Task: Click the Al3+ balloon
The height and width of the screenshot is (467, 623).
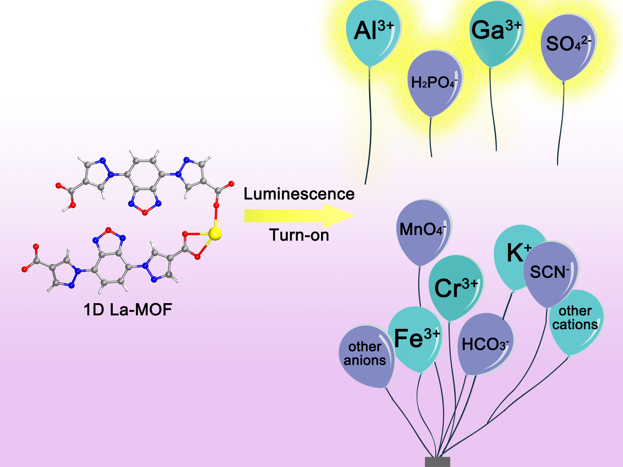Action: click(373, 33)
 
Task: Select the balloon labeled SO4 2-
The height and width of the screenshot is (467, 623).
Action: click(568, 46)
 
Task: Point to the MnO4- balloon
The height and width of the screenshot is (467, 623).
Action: click(423, 231)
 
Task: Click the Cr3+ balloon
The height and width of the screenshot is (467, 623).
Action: click(456, 287)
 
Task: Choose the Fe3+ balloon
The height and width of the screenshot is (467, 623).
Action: click(416, 339)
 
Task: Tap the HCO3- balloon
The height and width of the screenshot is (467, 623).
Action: click(485, 344)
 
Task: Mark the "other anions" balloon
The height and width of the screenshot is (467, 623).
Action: click(365, 354)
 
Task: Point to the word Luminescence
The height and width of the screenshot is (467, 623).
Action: click(299, 194)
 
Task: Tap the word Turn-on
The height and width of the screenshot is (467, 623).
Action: click(299, 235)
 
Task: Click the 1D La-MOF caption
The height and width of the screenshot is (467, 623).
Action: click(128, 310)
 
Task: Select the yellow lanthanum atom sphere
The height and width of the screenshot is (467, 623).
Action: click(215, 234)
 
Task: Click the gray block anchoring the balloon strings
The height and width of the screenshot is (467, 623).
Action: click(437, 461)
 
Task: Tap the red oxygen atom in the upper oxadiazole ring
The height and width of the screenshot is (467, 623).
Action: click(145, 213)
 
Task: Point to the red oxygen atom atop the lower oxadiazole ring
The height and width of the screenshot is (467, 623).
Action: click(108, 230)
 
